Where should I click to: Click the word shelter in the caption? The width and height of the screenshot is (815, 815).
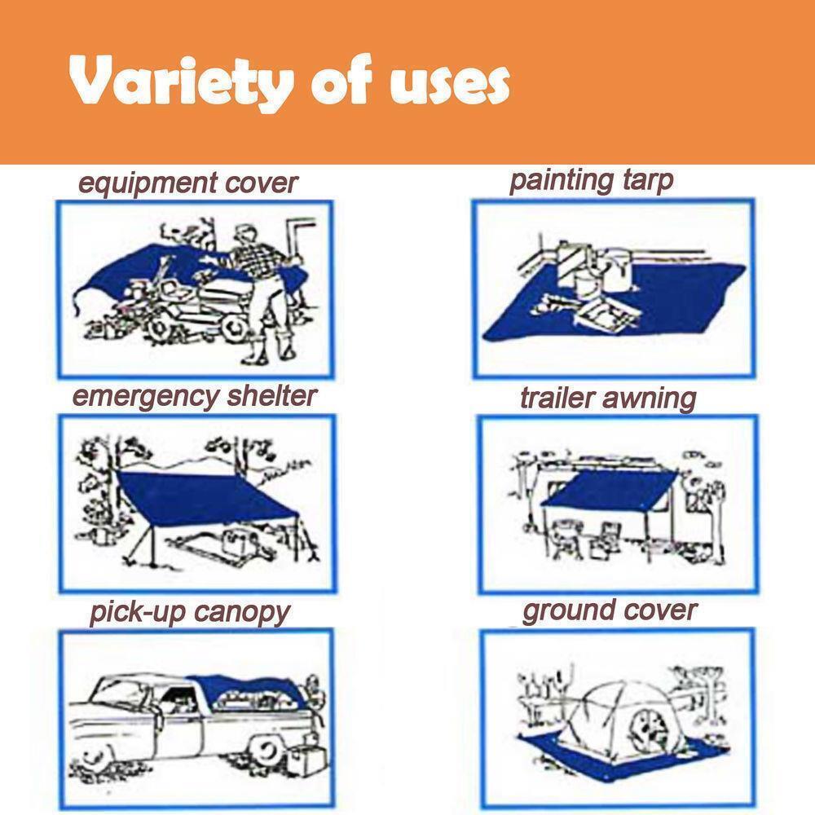pyautogui.click(x=272, y=395)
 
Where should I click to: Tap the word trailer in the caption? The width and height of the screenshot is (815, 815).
pyautogui.click(x=557, y=399)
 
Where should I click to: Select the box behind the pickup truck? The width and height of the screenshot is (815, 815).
pyautogui.click(x=306, y=760)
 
